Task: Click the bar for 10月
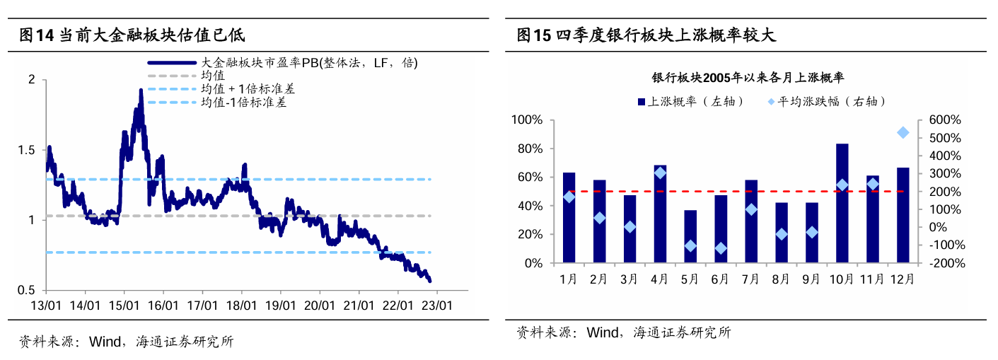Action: (x=842, y=203)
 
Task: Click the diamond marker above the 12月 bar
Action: (x=903, y=132)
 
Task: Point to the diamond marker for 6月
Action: (x=721, y=248)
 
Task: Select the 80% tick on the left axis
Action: (x=527, y=149)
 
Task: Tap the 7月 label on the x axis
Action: (x=750, y=279)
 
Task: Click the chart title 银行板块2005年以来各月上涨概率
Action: (x=748, y=77)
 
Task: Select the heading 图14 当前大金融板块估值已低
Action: (x=132, y=35)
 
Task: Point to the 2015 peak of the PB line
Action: (x=141, y=91)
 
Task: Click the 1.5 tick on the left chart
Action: (x=28, y=150)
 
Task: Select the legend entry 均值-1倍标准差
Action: (x=244, y=103)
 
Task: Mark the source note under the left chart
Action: (x=126, y=342)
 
